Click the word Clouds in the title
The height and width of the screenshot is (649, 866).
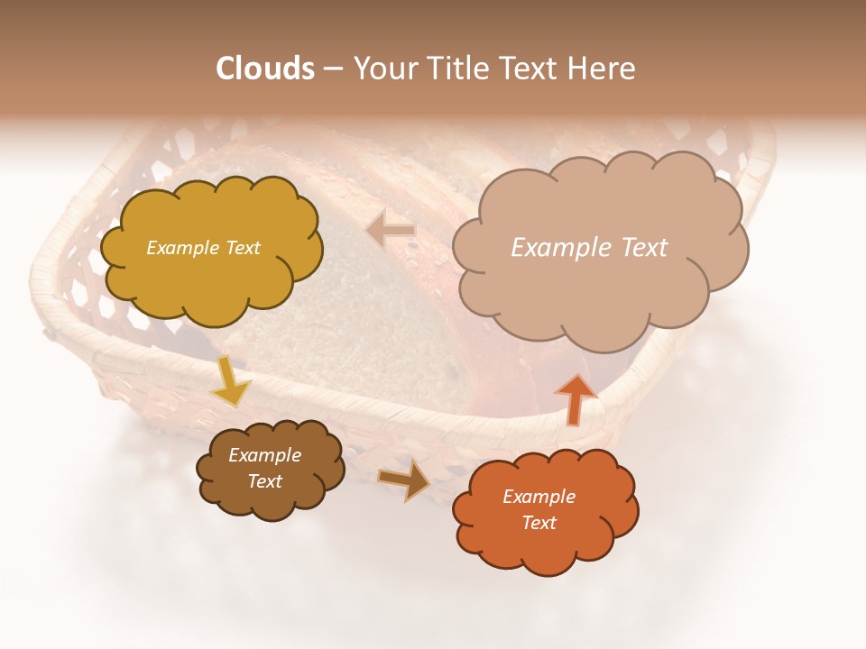(265, 69)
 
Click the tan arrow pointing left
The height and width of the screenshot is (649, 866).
(391, 231)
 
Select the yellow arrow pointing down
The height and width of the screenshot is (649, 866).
(230, 381)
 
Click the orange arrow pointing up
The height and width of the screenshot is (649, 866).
(575, 398)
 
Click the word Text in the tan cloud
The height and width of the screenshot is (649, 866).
(639, 248)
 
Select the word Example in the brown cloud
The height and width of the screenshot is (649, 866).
(264, 455)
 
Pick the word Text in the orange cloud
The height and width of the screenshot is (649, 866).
(539, 523)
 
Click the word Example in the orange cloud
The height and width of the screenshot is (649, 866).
(539, 497)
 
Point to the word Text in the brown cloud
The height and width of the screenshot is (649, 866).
(264, 481)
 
